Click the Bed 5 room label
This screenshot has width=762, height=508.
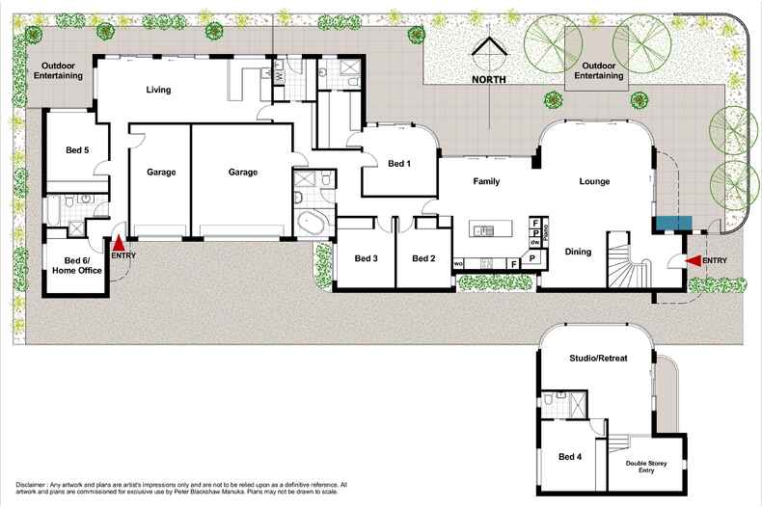77,150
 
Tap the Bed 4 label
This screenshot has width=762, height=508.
571,457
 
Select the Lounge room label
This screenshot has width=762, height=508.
594,181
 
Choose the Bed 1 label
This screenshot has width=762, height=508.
399,164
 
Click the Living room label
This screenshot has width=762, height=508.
158,90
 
